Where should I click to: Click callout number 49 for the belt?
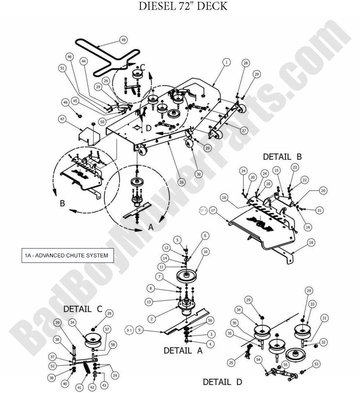click(123, 40)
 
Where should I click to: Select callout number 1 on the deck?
click(227, 62)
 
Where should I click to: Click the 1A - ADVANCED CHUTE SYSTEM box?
click(67, 256)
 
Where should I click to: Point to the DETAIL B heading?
click(282, 157)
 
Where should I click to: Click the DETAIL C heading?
click(82, 309)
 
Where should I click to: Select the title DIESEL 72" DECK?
click(183, 6)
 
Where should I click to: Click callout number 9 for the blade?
click(139, 330)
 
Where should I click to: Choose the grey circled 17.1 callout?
click(203, 211)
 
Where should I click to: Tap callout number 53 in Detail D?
click(316, 364)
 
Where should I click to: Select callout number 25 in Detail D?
click(231, 363)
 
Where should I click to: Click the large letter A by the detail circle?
click(151, 228)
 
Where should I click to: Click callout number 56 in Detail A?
click(210, 321)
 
